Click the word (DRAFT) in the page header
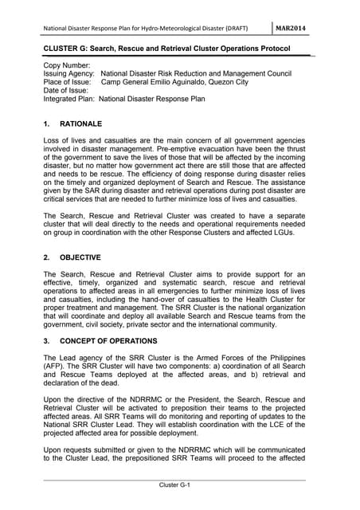click(233, 29)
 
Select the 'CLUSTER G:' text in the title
click(68, 49)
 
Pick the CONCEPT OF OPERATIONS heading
click(119, 341)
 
